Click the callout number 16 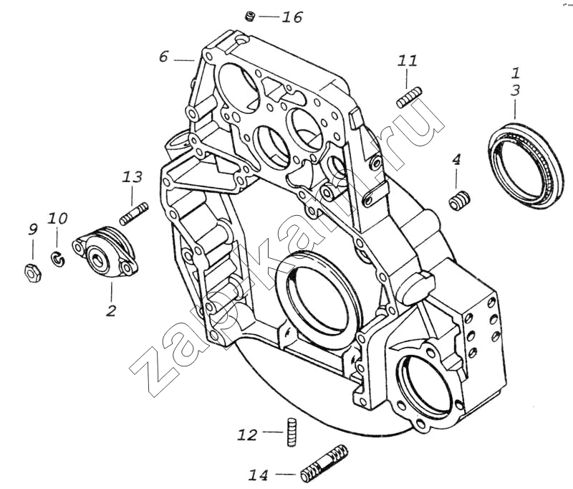point(292,17)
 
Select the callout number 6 point(163,57)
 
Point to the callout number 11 point(407,62)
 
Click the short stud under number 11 point(408,97)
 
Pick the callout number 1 point(515,72)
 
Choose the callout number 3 point(515,90)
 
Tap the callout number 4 point(456,161)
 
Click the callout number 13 point(133,176)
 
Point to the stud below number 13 point(133,213)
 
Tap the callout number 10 point(58,218)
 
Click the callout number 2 point(111,310)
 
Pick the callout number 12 point(247,435)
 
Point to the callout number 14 point(259,474)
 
